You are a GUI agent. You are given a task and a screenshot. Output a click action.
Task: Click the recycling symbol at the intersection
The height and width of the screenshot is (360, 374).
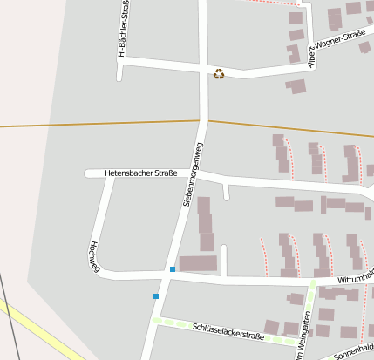219,74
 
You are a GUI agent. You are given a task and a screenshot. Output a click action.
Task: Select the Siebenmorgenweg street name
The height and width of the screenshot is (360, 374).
193,174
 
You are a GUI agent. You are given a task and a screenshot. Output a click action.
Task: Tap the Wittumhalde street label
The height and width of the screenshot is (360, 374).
357,276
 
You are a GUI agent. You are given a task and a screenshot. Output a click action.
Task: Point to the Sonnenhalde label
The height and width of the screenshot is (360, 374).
353,349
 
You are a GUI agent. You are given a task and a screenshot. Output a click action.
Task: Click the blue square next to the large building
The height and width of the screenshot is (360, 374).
173,269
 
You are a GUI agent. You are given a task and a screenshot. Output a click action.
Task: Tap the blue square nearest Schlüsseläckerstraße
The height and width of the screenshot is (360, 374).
156,296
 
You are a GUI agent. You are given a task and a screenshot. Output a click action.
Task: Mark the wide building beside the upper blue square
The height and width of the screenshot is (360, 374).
198,263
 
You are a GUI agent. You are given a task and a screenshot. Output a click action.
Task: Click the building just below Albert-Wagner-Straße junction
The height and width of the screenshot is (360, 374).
296,86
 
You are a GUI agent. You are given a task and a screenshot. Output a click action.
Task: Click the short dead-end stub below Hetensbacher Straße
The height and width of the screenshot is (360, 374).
227,193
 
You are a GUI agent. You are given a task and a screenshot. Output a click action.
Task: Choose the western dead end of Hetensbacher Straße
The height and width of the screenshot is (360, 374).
89,173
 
